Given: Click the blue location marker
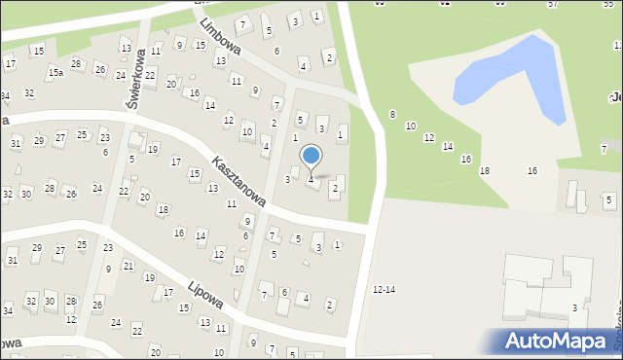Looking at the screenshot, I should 311,156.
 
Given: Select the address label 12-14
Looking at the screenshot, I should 385,290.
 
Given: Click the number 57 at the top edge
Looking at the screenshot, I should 552,4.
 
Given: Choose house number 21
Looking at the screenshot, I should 128,266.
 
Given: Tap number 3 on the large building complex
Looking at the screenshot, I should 574,308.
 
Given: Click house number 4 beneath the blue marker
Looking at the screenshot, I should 311,180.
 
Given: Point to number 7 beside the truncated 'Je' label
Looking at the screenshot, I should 604,149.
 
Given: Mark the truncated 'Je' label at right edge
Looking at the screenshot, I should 615,96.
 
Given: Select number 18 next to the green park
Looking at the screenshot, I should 485,171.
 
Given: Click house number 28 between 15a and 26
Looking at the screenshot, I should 75,64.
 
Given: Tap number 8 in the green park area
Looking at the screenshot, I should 392,115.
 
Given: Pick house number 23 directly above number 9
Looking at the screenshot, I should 107,248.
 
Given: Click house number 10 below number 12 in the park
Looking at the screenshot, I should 411,126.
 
